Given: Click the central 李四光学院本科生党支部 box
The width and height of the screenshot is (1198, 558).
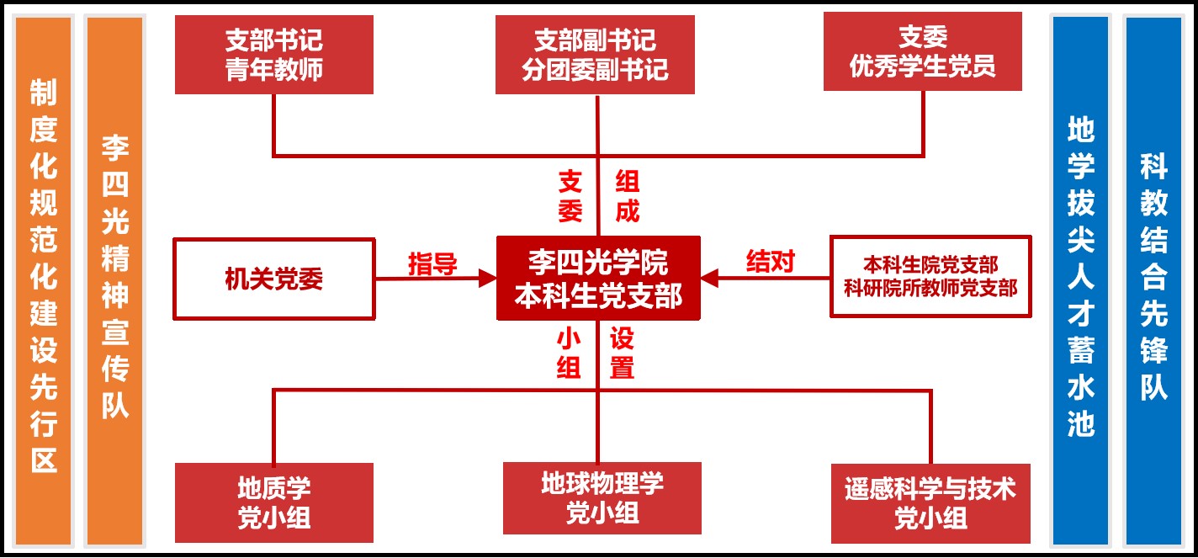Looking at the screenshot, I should click(597, 278).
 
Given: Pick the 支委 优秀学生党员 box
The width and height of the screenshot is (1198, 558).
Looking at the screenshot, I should click(922, 51).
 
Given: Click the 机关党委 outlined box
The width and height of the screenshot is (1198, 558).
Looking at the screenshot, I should click(274, 279).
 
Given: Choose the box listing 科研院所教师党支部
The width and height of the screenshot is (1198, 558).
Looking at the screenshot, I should click(930, 276).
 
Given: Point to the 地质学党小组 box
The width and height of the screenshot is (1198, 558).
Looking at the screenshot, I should click(274, 502).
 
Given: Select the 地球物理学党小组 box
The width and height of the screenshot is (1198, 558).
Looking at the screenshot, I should click(602, 497).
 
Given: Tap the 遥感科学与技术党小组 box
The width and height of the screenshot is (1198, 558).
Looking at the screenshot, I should click(930, 502).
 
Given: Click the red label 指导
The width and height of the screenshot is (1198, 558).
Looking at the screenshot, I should click(432, 263).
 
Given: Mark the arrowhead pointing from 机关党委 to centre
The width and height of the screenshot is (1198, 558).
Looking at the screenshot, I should click(487, 278).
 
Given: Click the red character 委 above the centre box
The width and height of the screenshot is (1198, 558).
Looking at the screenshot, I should click(570, 210).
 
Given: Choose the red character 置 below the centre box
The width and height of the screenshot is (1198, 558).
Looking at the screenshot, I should click(622, 368).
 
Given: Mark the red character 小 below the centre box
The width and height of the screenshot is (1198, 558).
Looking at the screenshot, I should click(569, 339).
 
